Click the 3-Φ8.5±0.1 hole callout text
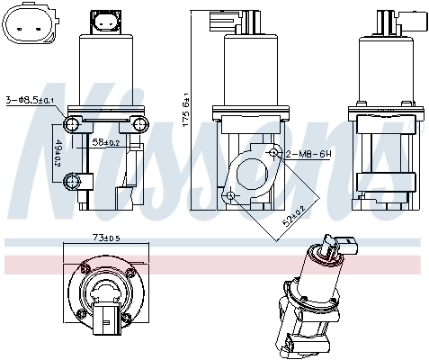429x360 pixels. [x=32, y=100]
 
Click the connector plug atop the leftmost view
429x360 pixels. [x=106, y=22]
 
